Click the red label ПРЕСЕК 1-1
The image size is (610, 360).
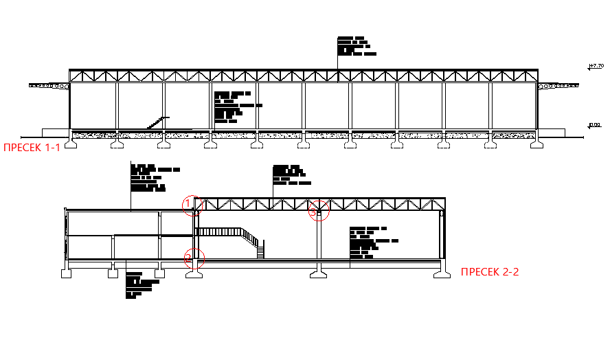[32, 146]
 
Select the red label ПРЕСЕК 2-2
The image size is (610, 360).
[490, 272]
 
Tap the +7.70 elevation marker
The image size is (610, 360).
[596, 66]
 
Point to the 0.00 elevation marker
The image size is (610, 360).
[595, 125]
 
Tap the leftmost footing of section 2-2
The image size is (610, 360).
[67, 273]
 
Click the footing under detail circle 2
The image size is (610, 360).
[193, 273]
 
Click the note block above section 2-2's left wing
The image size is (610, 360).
[153, 179]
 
